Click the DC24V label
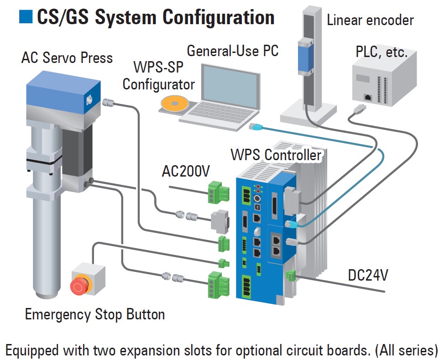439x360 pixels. pyautogui.click(x=368, y=275)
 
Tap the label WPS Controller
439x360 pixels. pyautogui.click(x=276, y=155)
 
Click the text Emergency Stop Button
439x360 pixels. pyautogui.click(x=94, y=314)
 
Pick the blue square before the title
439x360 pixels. pyautogui.click(x=26, y=16)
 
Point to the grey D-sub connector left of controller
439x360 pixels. pyautogui.click(x=219, y=222)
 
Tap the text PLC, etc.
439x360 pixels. pyautogui.click(x=381, y=52)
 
